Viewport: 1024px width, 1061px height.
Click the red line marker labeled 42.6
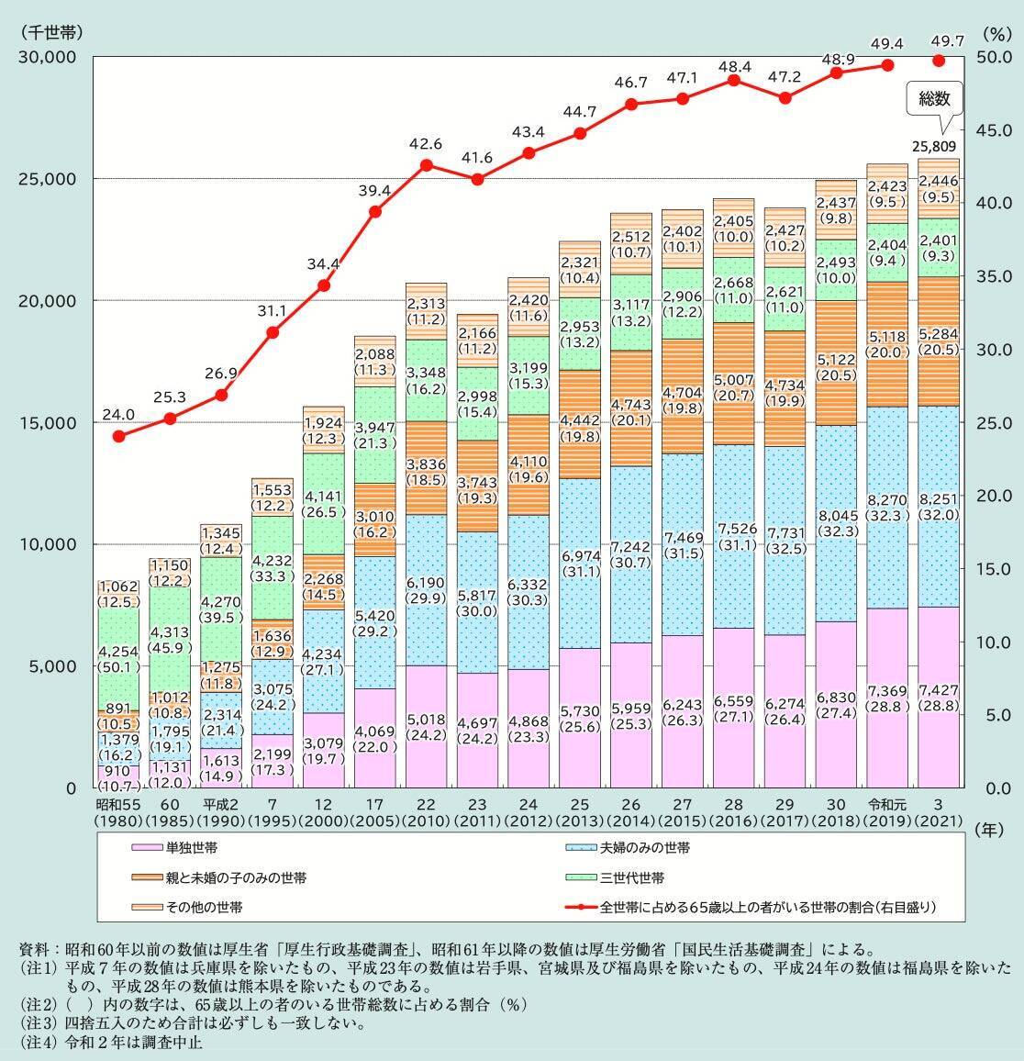pyautogui.click(x=427, y=165)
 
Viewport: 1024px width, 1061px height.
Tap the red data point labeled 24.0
pyautogui.click(x=118, y=435)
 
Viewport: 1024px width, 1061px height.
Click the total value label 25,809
pyautogui.click(x=934, y=146)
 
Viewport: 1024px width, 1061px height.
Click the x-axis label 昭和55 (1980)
pyautogui.click(x=118, y=811)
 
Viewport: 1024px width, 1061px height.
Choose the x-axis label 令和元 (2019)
pyautogui.click(x=886, y=811)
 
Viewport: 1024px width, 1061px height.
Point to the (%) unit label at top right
pyautogui.click(x=995, y=33)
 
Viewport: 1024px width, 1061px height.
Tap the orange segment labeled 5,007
pyautogui.click(x=733, y=384)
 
